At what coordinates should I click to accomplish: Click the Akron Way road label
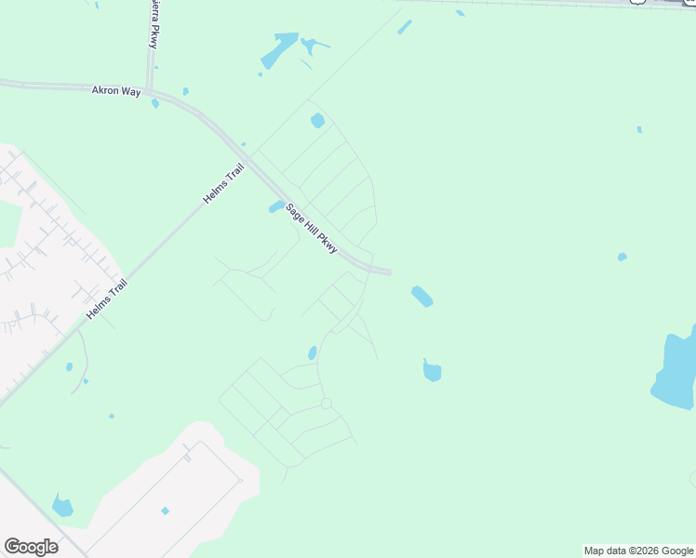(x=115, y=91)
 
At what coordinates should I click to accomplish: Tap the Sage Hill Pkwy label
(x=311, y=229)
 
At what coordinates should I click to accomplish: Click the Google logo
(x=31, y=547)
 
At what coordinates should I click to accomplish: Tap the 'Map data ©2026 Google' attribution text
(x=639, y=551)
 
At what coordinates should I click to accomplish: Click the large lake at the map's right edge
(x=677, y=372)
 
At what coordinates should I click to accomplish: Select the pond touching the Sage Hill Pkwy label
(x=277, y=206)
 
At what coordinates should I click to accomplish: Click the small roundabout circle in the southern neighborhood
(x=326, y=403)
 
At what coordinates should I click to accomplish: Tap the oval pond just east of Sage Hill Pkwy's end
(x=422, y=297)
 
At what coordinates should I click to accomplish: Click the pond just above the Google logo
(x=62, y=507)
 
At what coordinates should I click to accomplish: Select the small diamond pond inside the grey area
(x=165, y=511)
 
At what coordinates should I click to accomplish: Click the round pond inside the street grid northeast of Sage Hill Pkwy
(x=317, y=120)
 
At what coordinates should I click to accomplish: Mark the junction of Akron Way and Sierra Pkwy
(x=149, y=87)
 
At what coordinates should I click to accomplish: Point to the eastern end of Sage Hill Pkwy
(x=389, y=272)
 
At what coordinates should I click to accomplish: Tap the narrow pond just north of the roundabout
(x=313, y=352)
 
